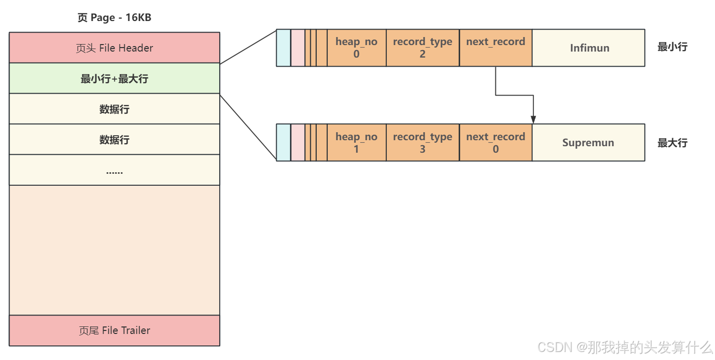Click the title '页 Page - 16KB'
(x=114, y=18)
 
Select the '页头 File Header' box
(x=114, y=48)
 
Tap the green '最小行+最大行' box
(x=114, y=79)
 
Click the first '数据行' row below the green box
(x=114, y=109)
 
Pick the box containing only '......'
(x=114, y=170)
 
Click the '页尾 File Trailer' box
(x=114, y=330)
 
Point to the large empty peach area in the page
(x=114, y=250)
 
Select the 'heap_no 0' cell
(x=356, y=48)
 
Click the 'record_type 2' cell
(x=422, y=48)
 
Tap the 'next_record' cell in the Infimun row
(x=495, y=48)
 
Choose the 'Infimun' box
(x=588, y=48)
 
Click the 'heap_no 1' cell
(x=356, y=143)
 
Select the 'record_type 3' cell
(x=422, y=143)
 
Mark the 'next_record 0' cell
(x=495, y=143)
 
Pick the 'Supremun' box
(x=588, y=143)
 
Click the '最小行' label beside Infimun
(x=672, y=47)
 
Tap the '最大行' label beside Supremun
(x=672, y=143)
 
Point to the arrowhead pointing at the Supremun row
(x=533, y=120)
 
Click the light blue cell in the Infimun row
(x=283, y=48)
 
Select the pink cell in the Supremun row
(x=298, y=143)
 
